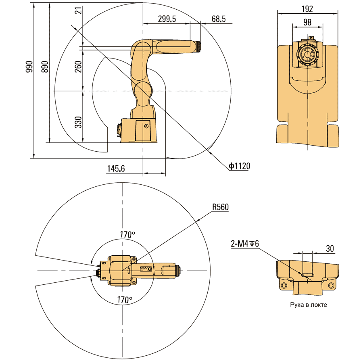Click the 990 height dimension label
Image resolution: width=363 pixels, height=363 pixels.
tap(29, 67)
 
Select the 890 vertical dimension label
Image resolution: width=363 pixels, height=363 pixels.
tap(44, 67)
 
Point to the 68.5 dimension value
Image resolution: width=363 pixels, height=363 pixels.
tap(218, 19)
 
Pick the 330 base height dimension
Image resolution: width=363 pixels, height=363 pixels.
tap(78, 122)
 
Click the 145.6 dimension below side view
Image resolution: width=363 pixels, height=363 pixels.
tap(116, 169)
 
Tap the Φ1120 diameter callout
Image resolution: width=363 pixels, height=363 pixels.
tap(239, 166)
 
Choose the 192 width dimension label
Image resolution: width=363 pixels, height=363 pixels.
tap(307, 9)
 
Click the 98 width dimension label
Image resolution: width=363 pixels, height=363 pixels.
tap(307, 23)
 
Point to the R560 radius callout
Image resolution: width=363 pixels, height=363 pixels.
tap(220, 207)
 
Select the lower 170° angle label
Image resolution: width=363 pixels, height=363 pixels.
tap(125, 300)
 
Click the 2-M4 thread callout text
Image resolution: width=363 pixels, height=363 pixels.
tap(245, 244)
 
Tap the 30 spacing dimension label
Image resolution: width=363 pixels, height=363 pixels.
tap(330, 249)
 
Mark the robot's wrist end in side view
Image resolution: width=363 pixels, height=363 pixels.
tap(196, 46)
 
